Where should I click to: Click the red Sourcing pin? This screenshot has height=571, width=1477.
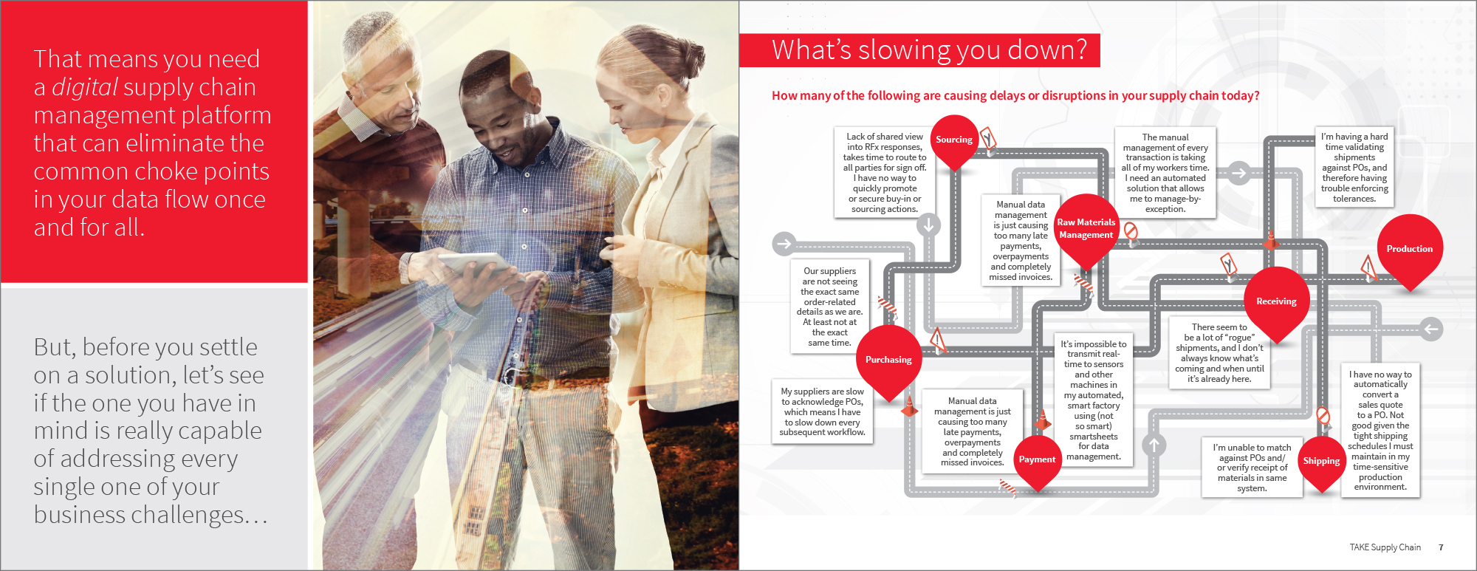[x=954, y=140]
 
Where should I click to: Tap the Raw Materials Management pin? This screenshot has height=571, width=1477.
[x=1086, y=228]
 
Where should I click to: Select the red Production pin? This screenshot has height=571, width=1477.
[x=1410, y=249]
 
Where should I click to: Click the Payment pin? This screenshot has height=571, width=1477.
[x=1037, y=459]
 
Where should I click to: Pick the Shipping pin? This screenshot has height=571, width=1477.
[x=1321, y=461]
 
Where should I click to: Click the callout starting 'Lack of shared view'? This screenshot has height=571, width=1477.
[x=885, y=173]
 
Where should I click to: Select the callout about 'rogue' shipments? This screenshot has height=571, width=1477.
[x=1219, y=353]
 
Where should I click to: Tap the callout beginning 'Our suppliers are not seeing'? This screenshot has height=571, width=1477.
[x=830, y=307]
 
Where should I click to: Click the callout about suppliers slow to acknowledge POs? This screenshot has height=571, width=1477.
[x=822, y=411]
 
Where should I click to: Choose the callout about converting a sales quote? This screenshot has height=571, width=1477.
[x=1380, y=430]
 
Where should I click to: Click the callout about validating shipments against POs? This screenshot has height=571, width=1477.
[x=1354, y=167]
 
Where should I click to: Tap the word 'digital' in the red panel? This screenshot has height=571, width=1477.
[x=85, y=87]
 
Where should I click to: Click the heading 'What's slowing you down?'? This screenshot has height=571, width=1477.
[x=929, y=49]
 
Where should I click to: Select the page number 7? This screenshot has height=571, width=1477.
[x=1441, y=547]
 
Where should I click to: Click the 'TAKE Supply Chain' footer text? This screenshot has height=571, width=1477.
[x=1385, y=547]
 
